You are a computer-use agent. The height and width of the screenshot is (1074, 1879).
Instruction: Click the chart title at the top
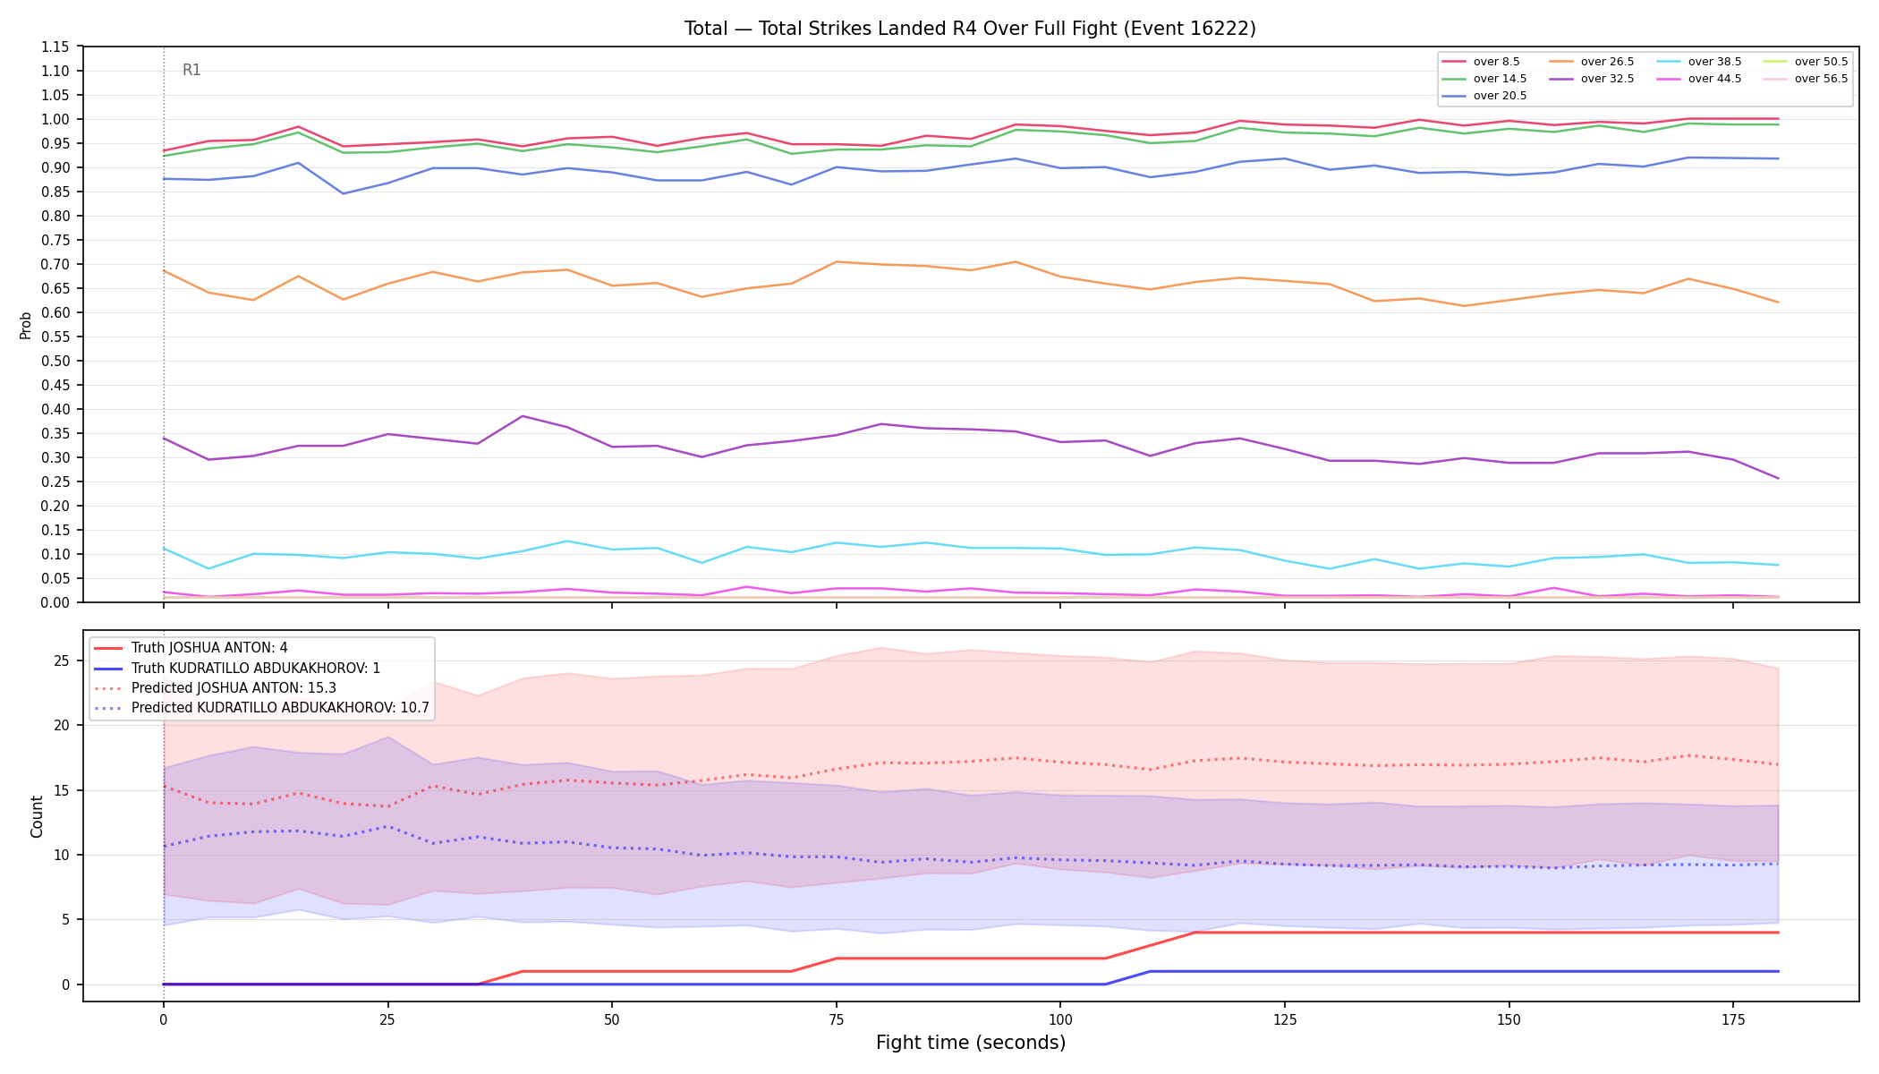[970, 29]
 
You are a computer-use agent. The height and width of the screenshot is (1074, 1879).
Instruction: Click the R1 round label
[191, 70]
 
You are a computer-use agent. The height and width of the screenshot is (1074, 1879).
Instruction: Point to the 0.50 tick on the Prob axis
[55, 361]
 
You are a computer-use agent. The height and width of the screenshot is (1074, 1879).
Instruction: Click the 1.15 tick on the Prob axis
[55, 47]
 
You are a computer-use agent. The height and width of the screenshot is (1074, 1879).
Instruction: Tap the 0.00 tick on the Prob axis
[55, 602]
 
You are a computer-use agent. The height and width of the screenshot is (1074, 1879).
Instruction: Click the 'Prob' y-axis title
[26, 325]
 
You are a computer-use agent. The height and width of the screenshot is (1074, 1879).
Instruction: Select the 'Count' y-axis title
[37, 816]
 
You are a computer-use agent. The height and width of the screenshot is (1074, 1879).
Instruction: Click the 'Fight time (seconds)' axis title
[971, 1043]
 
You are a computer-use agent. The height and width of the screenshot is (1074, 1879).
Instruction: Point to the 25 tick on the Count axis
[62, 661]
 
